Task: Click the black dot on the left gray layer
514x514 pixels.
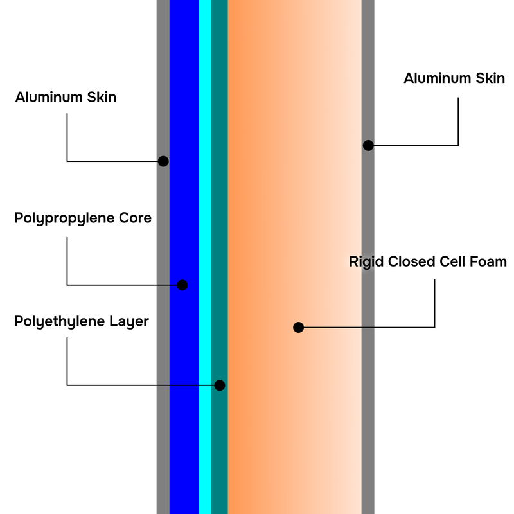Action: (163, 161)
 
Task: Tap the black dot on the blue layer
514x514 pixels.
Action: (182, 285)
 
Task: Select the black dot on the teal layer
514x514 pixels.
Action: (220, 385)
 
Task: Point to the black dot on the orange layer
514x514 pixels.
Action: (298, 327)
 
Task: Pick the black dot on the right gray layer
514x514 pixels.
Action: (368, 145)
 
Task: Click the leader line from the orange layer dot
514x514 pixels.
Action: (337, 328)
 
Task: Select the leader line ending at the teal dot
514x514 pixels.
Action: (186, 385)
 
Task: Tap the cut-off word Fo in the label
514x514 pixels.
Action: (483, 262)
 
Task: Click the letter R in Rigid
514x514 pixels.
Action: (353, 262)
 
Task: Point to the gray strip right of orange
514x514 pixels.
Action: (369, 418)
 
